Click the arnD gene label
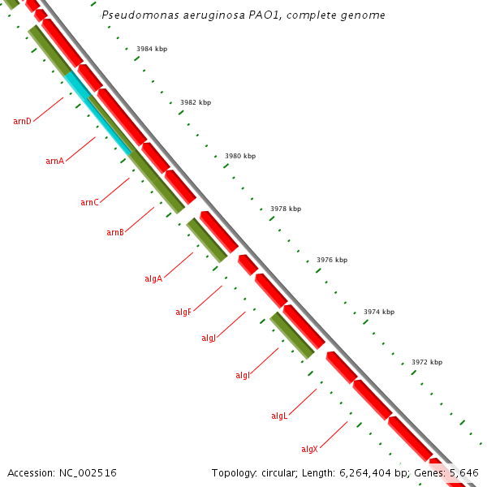coord(22,121)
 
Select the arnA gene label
coord(54,161)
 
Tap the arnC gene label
coord(89,202)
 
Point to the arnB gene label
coord(114,232)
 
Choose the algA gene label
coord(153,278)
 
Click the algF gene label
coord(183,312)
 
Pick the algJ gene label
coord(209,338)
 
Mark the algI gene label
coord(243,375)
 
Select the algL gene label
coord(279,416)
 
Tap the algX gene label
coord(309,449)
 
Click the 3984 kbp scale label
coord(152,49)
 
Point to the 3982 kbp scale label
coord(196,102)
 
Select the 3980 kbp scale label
coord(240,156)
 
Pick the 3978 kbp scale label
coord(286,209)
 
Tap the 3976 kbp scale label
coord(332,260)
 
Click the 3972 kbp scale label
coord(427,362)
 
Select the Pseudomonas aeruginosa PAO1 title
coord(243,15)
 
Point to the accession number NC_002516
coord(62,472)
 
